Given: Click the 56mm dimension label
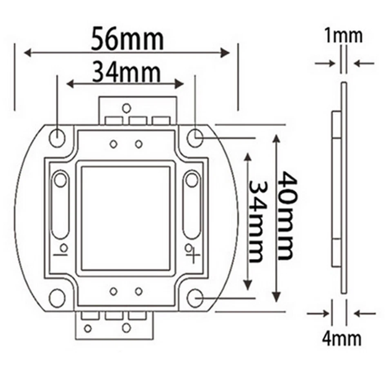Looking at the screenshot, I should click(127, 38).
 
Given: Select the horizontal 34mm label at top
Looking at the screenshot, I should click(125, 72).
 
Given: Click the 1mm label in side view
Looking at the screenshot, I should click(343, 36).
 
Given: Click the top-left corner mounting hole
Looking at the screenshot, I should click(57, 137).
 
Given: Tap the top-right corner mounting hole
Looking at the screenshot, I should click(196, 137).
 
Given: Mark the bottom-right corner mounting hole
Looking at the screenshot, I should click(196, 298).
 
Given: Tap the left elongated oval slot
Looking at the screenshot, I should click(60, 204).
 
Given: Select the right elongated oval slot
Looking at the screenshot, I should click(192, 204).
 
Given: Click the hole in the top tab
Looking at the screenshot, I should click(127, 108).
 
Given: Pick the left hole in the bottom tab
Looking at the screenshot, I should click(87, 328).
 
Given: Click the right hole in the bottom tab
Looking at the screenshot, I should click(126, 328).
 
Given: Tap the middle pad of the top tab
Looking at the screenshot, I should click(138, 120).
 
